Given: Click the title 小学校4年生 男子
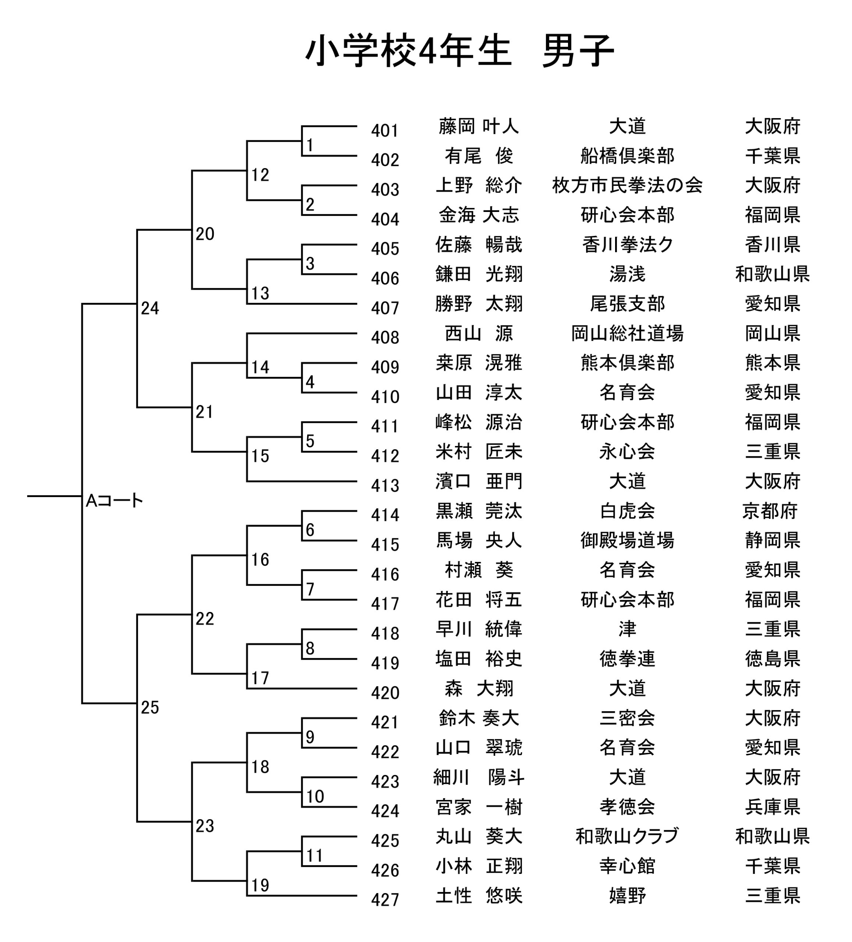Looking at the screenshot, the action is [x=459, y=50].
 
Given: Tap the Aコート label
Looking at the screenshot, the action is [x=114, y=501].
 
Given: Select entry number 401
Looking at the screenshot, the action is [x=385, y=131].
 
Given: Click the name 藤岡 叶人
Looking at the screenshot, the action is [x=478, y=126].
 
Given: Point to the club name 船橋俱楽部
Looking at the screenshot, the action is [x=627, y=156].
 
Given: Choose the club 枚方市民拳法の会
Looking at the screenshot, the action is [x=627, y=185].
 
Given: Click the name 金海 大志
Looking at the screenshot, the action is [x=478, y=215].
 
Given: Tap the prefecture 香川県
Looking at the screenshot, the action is [x=773, y=244].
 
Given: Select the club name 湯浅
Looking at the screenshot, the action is [x=627, y=274].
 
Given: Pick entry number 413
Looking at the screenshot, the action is [x=385, y=486].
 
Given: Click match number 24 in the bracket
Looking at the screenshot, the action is [x=150, y=308].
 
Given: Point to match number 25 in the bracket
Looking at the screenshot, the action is [x=150, y=708].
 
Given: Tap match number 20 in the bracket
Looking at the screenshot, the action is [x=205, y=234].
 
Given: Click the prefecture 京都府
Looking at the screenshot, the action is [x=770, y=511].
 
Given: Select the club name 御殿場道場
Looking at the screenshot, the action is [x=627, y=541].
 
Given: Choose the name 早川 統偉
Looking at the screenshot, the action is [x=478, y=629].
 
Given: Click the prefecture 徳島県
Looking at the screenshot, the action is [x=773, y=659].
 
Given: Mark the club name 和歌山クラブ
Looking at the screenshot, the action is [x=627, y=836].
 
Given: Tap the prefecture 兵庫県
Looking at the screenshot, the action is [x=773, y=807].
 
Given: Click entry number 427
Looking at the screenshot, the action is [x=385, y=900].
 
